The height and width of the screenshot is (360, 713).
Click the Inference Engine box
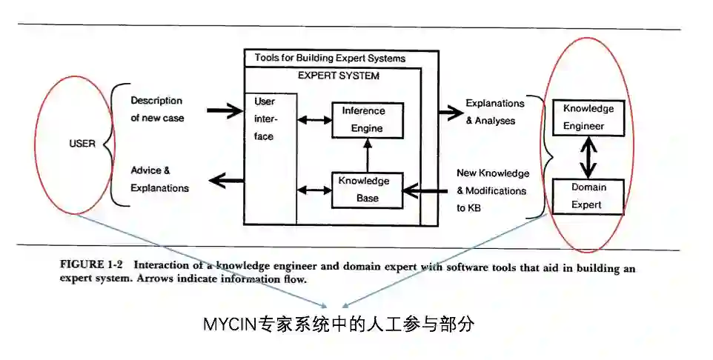click(362, 120)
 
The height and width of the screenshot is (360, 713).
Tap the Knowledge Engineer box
click(588, 117)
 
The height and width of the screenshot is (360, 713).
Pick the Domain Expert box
click(588, 196)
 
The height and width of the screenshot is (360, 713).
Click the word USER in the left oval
click(82, 144)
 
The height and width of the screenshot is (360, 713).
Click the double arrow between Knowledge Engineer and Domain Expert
click(588, 158)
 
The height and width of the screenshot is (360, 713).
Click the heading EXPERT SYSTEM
click(338, 76)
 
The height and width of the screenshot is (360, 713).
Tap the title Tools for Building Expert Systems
click(330, 58)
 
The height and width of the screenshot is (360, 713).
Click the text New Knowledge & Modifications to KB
click(492, 190)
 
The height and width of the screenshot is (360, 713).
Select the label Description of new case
click(157, 109)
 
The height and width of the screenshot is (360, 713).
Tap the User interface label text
click(264, 119)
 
